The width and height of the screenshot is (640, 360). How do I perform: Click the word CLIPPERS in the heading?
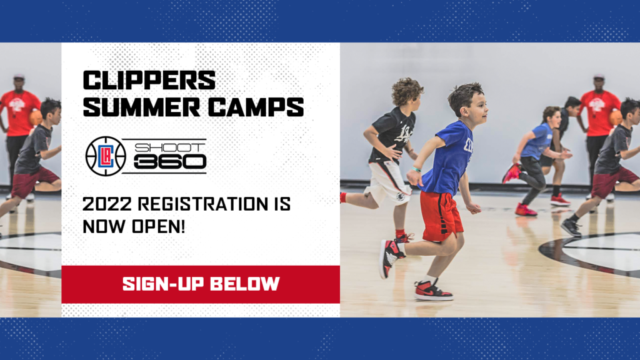(149, 80)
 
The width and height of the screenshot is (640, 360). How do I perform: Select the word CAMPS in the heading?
(256, 107)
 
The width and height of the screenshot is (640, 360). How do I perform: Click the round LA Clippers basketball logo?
(106, 156)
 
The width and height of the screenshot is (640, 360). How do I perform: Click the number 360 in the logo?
(170, 162)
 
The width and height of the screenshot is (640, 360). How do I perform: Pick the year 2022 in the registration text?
(107, 204)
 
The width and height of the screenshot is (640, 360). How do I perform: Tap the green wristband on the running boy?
(416, 169)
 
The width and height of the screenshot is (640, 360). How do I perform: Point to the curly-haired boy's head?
(406, 93)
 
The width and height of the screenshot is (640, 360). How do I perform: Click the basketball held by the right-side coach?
(616, 118)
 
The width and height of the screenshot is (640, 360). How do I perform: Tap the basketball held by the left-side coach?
(36, 117)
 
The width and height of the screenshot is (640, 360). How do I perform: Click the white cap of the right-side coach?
(599, 76)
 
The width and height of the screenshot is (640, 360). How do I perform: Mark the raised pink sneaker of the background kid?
(511, 174)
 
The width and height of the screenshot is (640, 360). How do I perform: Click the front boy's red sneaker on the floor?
(433, 291)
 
